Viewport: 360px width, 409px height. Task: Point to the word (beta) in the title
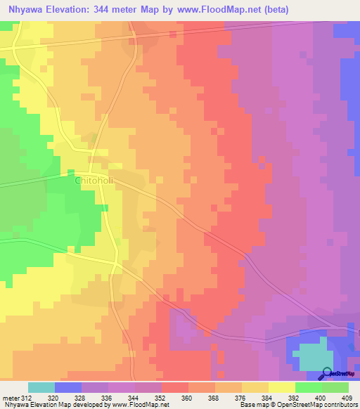pos(269,10)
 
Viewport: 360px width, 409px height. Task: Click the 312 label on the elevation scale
pos(27,397)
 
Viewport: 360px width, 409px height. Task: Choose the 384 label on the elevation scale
pos(255,397)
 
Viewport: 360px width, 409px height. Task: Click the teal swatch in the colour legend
pos(41,387)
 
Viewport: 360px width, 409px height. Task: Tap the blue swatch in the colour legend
pos(68,387)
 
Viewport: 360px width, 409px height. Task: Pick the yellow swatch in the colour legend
pos(282,387)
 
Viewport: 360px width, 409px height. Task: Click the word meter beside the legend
pos(10,397)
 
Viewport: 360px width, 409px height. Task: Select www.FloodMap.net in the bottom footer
pos(139,405)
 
